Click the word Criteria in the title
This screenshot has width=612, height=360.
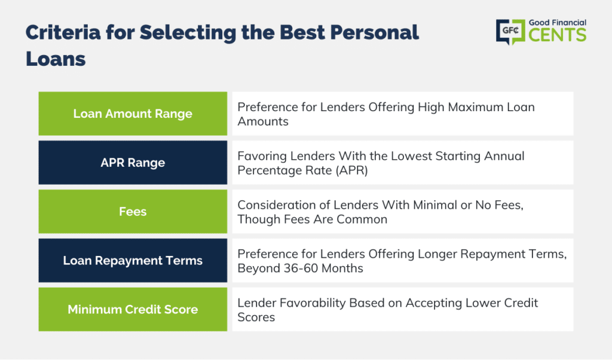(x=63, y=32)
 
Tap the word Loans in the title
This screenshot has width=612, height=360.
(x=56, y=59)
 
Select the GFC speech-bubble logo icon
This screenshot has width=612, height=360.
(x=510, y=32)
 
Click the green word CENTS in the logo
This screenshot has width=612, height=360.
(x=558, y=35)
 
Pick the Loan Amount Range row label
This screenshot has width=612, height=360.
(x=133, y=114)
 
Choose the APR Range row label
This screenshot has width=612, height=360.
(x=133, y=163)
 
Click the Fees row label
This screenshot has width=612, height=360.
(x=133, y=212)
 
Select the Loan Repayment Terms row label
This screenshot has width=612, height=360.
(x=133, y=261)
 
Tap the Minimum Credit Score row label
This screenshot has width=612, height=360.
(x=133, y=309)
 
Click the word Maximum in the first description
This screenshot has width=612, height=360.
(x=475, y=107)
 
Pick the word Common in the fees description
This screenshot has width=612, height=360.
(x=362, y=219)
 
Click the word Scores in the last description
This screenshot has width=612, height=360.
(x=256, y=318)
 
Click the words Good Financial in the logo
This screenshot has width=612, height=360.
(x=558, y=23)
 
